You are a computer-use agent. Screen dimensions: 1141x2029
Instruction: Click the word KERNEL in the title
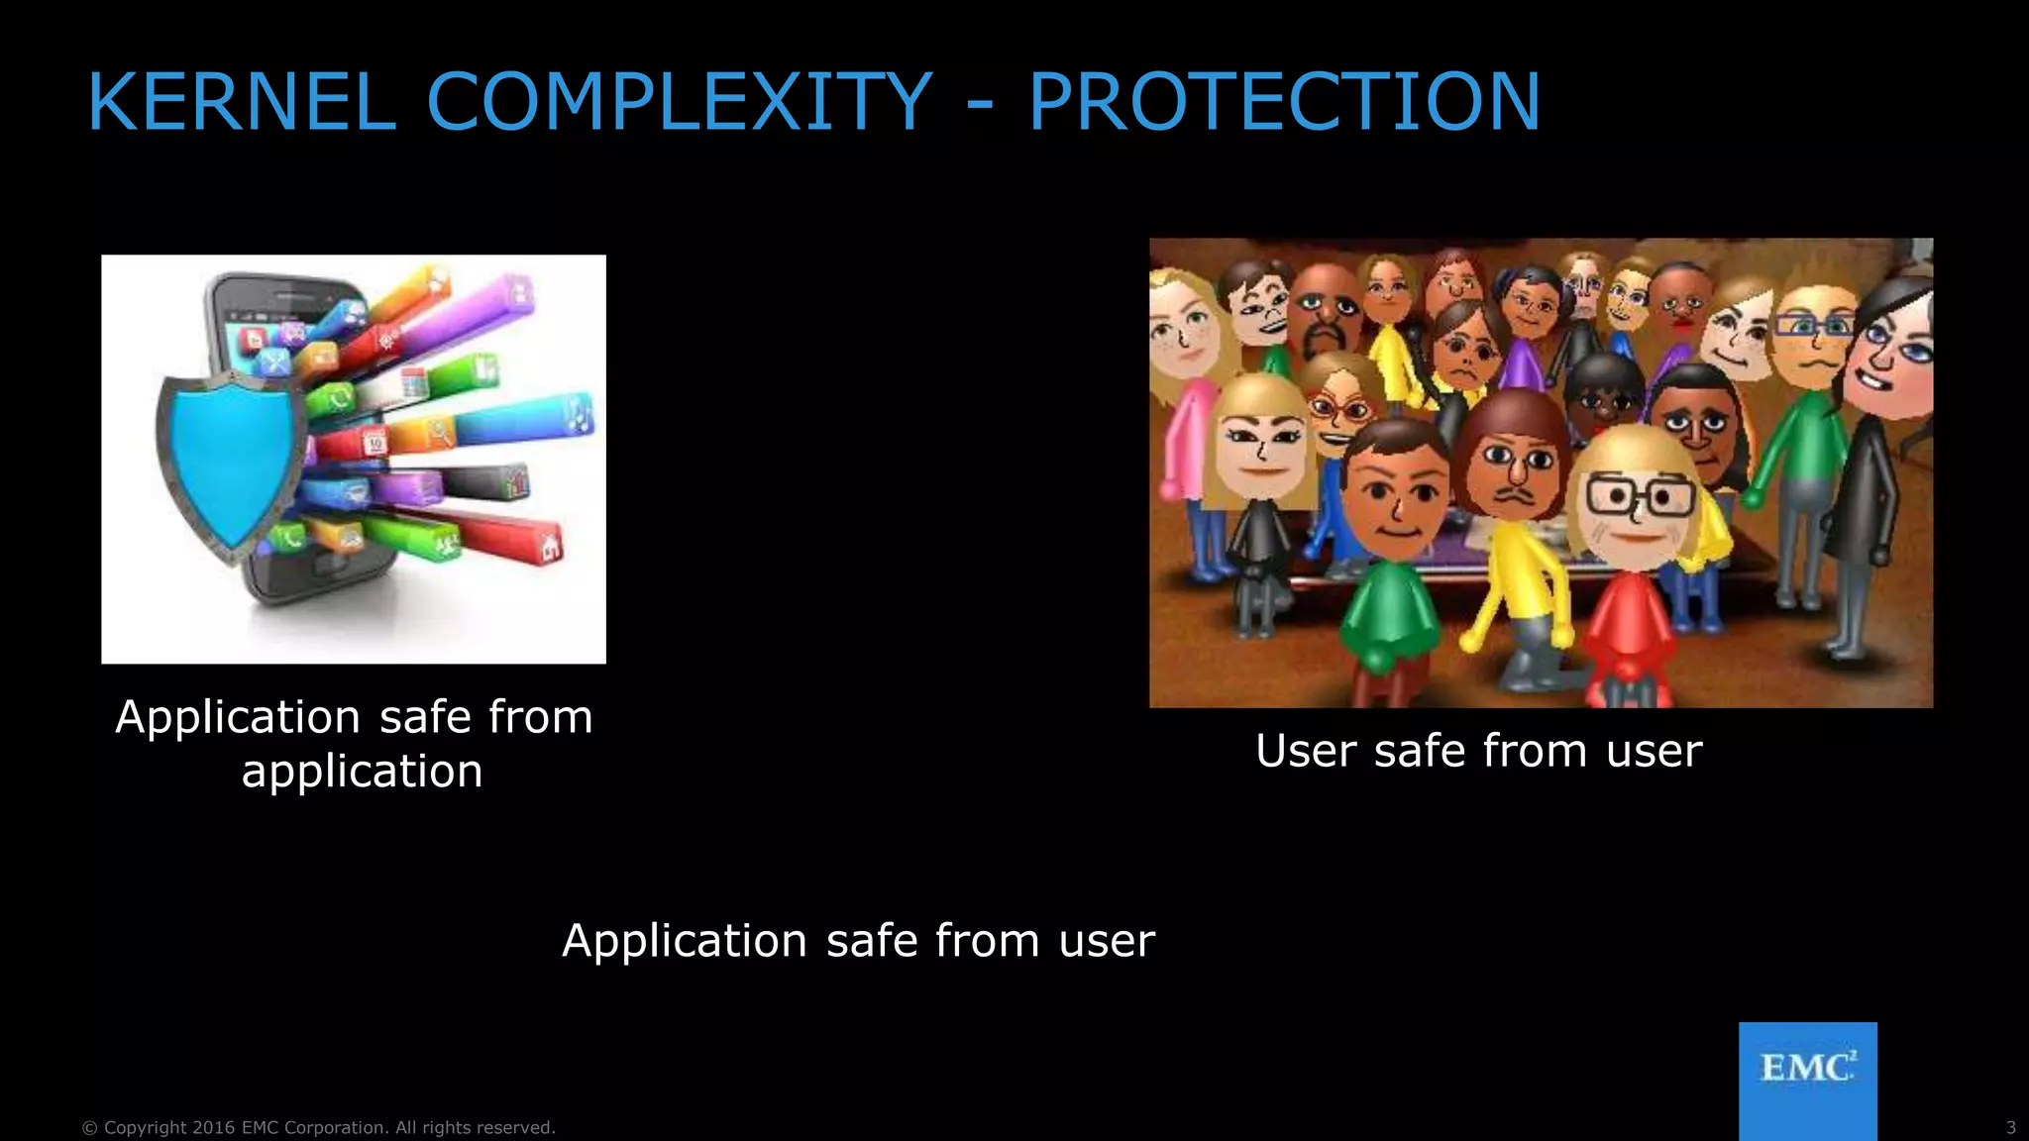click(242, 102)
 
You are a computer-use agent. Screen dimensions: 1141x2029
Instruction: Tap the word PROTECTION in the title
click(1284, 102)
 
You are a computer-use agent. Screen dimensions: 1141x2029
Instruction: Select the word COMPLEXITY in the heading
click(679, 102)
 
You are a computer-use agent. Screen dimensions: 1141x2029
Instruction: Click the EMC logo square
click(1807, 1080)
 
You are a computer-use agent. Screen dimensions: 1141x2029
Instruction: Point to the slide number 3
click(2010, 1127)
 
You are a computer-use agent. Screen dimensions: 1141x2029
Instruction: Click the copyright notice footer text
click(318, 1127)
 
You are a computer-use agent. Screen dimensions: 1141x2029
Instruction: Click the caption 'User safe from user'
click(1478, 750)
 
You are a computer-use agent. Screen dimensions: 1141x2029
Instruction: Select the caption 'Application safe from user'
click(858, 940)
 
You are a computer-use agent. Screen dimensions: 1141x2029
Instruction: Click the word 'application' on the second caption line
click(362, 771)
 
